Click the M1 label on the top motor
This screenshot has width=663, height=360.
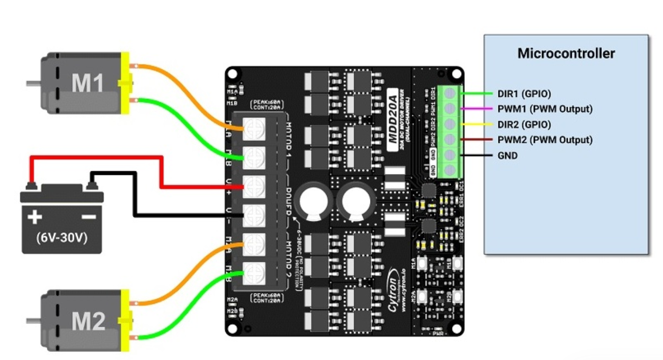click(x=87, y=83)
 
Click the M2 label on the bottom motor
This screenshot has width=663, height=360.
click(x=88, y=321)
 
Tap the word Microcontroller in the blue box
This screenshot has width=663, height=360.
click(x=566, y=54)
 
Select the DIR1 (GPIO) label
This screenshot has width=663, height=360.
click(x=524, y=94)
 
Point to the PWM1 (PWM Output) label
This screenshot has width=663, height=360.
click(x=545, y=109)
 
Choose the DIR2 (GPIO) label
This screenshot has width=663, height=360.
click(x=524, y=124)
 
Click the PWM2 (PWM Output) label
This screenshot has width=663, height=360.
click(x=545, y=140)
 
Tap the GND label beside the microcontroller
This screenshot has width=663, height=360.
click(x=507, y=156)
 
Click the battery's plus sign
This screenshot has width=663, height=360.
click(x=35, y=218)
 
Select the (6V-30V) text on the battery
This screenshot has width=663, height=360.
click(x=61, y=238)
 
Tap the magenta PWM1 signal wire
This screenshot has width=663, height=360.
click(x=476, y=109)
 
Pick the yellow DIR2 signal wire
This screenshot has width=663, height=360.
click(x=476, y=124)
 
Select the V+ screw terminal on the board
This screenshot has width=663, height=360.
click(x=253, y=187)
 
